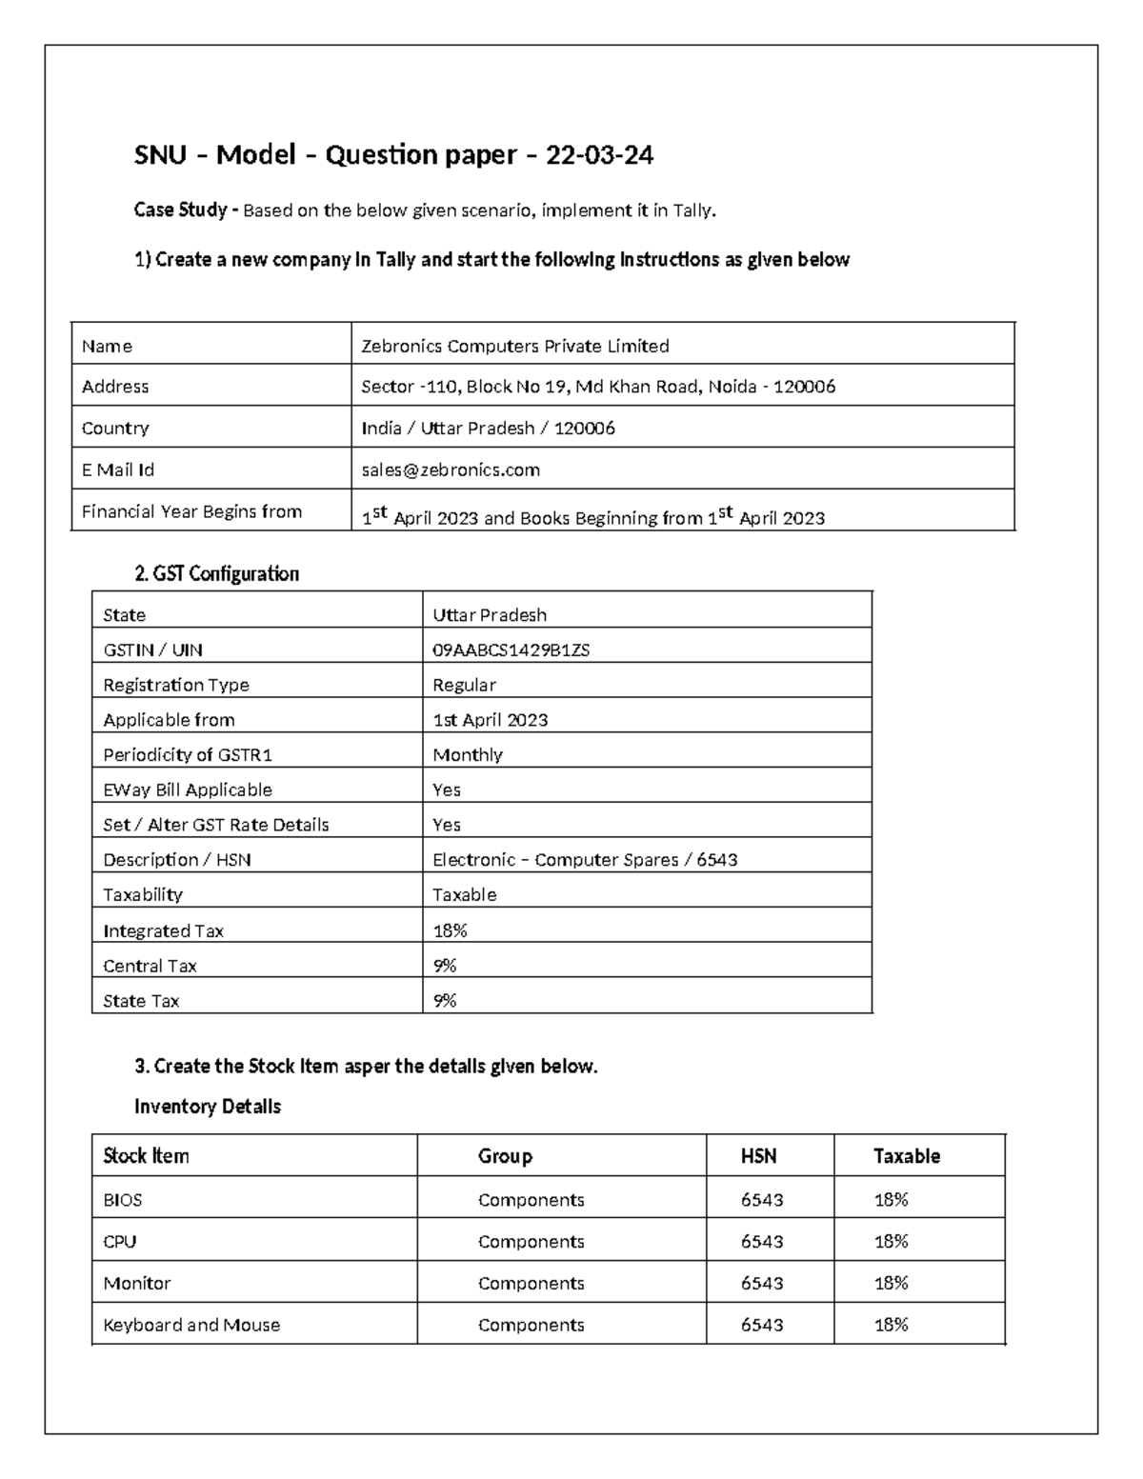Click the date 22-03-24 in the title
pos(599,155)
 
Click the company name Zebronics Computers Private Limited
pos(514,346)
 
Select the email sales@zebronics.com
pos(451,470)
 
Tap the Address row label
pos(115,387)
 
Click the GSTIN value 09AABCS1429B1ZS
pos(511,650)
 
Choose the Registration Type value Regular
pos(464,685)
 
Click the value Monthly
pos(467,755)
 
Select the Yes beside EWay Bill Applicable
pos(446,789)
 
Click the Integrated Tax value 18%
pos(450,930)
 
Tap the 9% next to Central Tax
pos(444,966)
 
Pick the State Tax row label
pos(141,1001)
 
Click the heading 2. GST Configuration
pos(216,573)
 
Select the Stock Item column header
pos(146,1156)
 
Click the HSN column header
pos(758,1156)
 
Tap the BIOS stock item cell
pos(123,1200)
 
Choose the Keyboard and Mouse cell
pos(191,1325)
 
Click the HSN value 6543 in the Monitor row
pos(762,1283)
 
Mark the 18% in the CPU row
pos(891,1241)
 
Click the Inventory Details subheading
pos(207,1107)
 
